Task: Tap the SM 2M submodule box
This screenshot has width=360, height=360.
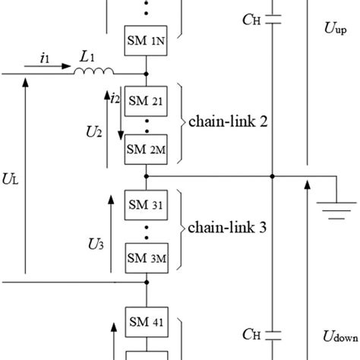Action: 145,149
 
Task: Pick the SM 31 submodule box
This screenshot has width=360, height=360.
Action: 145,204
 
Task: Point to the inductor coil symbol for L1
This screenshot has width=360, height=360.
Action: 93,72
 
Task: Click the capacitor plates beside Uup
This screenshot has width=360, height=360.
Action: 273,21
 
